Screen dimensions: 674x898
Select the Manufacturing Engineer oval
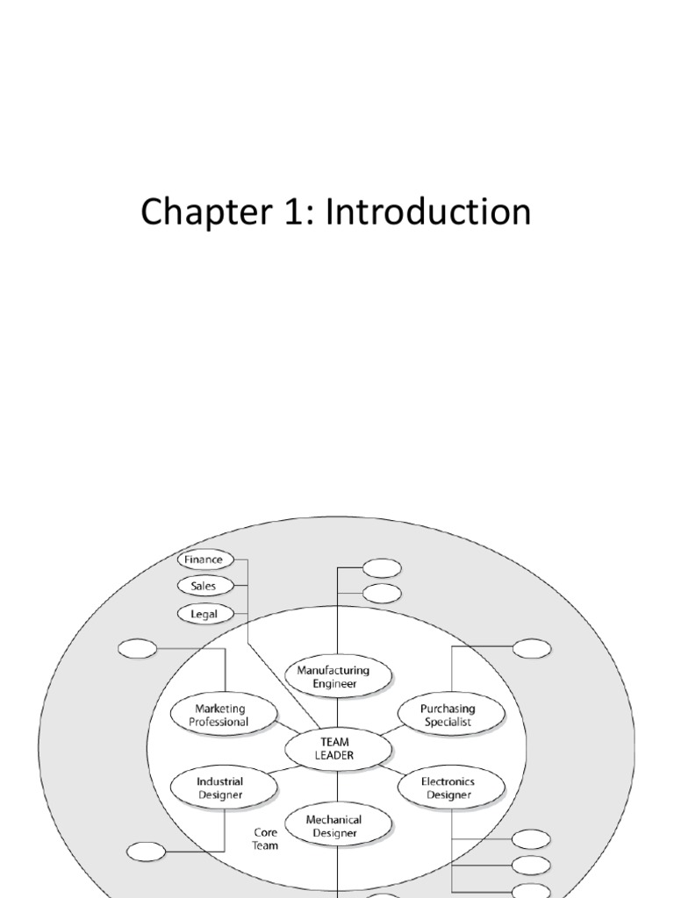(339, 675)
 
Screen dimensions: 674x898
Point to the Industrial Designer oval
(219, 788)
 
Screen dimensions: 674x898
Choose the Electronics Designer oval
(450, 788)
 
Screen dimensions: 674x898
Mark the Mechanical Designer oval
(337, 826)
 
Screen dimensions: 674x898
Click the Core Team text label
(266, 838)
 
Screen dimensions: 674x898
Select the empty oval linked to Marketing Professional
(137, 650)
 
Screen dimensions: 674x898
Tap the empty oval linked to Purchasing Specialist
(532, 649)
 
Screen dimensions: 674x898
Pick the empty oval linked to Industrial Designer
(146, 851)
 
